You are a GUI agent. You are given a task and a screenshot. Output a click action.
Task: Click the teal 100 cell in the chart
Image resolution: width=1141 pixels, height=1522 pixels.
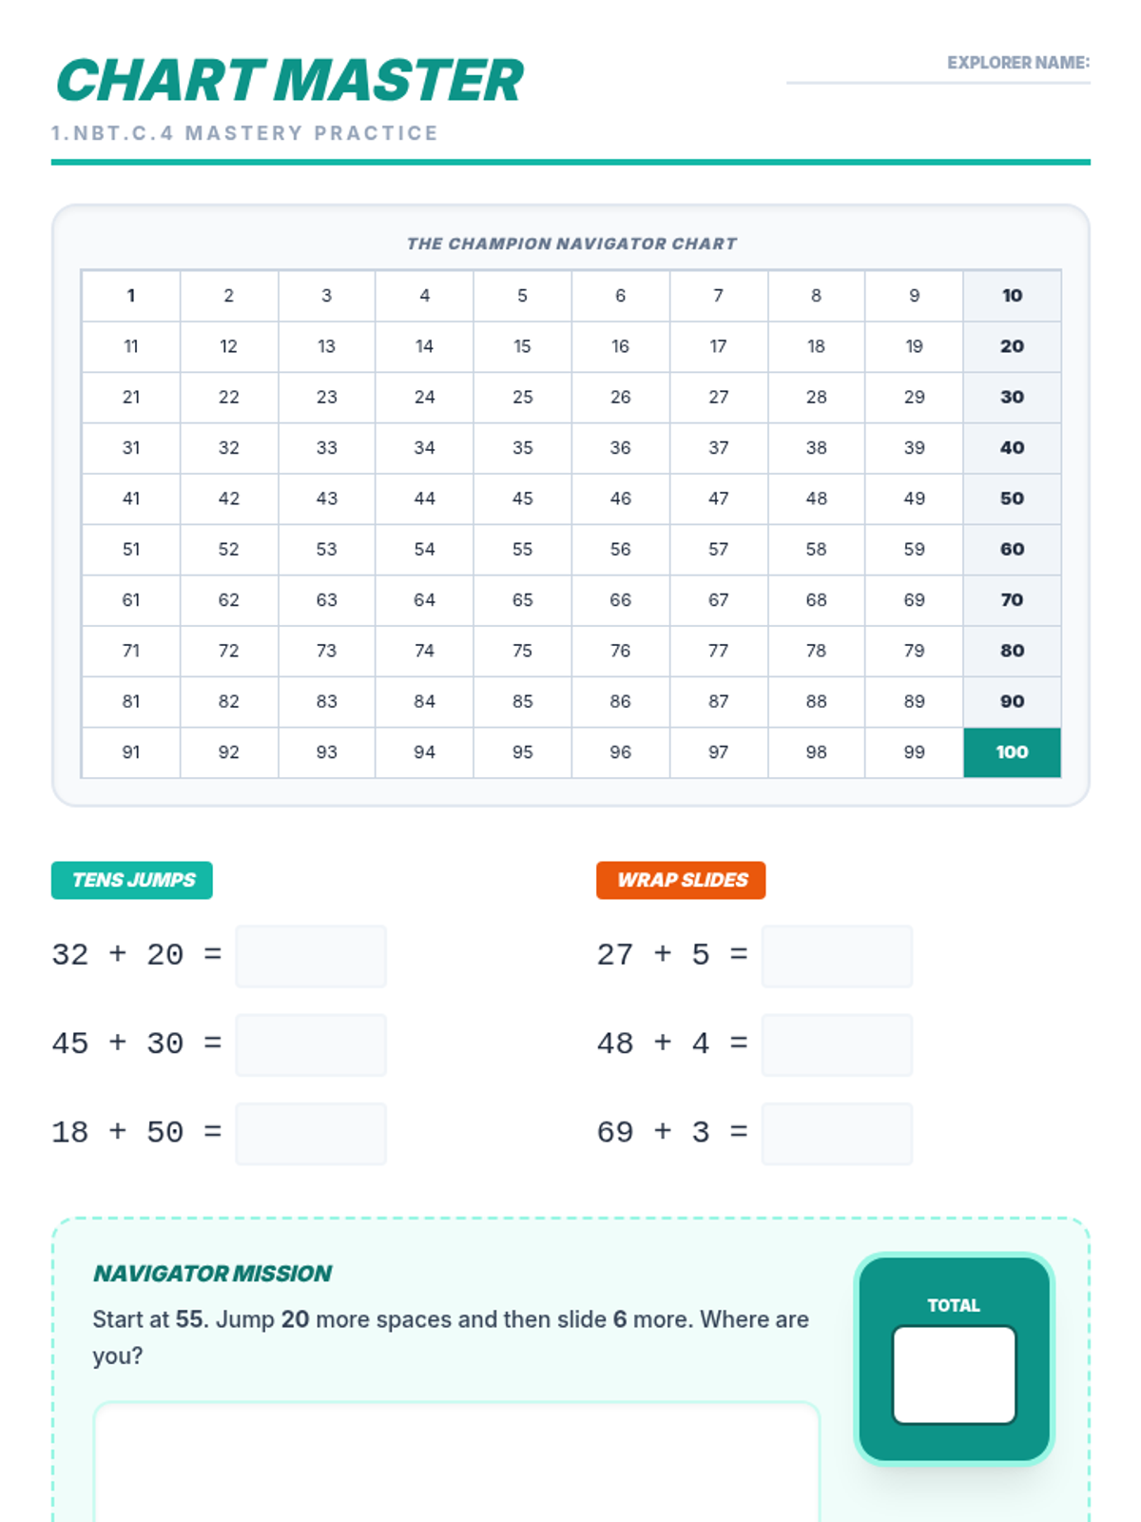tap(1012, 752)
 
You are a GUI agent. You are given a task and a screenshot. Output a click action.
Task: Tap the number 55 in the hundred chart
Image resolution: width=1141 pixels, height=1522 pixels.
tap(522, 550)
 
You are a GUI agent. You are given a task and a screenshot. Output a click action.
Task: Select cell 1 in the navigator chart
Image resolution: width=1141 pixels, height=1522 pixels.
tap(131, 296)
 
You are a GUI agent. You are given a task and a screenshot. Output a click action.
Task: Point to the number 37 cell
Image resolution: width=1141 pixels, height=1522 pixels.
tap(718, 448)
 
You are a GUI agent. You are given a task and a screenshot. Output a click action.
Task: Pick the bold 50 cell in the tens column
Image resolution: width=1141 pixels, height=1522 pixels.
tap(1012, 498)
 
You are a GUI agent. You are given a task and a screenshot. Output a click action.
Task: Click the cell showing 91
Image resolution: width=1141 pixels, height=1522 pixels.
tap(131, 752)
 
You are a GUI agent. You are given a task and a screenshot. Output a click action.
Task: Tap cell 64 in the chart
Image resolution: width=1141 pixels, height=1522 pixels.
tap(424, 600)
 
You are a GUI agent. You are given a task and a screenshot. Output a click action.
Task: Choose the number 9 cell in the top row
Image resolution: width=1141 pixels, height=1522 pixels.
tap(914, 296)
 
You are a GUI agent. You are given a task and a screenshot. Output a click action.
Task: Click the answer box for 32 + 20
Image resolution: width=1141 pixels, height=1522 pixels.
tap(311, 956)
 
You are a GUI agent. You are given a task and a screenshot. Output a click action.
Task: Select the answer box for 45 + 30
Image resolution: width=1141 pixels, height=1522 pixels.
tap(311, 1044)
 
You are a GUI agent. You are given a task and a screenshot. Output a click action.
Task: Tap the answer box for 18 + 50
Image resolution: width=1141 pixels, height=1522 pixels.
tap(311, 1133)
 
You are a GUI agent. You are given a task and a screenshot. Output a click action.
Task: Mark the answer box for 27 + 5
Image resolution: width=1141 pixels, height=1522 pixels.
tap(837, 956)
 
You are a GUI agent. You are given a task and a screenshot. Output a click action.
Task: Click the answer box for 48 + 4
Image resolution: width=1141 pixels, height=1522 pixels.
tap(837, 1044)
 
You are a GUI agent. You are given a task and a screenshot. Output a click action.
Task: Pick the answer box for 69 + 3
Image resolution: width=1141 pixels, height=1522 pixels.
tap(837, 1133)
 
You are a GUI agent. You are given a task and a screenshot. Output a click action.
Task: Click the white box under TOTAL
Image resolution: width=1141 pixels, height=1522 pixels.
tap(954, 1375)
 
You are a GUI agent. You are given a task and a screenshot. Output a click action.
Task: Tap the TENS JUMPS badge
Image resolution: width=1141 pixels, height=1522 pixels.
tap(132, 880)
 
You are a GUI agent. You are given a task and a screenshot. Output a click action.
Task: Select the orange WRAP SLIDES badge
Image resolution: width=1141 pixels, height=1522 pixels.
tap(681, 880)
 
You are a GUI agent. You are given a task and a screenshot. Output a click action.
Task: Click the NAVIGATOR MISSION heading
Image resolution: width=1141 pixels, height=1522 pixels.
tap(212, 1274)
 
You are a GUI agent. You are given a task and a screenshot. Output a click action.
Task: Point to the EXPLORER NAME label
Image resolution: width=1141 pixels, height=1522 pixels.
tap(1017, 63)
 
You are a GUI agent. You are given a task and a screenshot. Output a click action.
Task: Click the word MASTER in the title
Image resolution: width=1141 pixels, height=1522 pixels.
tap(399, 81)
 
